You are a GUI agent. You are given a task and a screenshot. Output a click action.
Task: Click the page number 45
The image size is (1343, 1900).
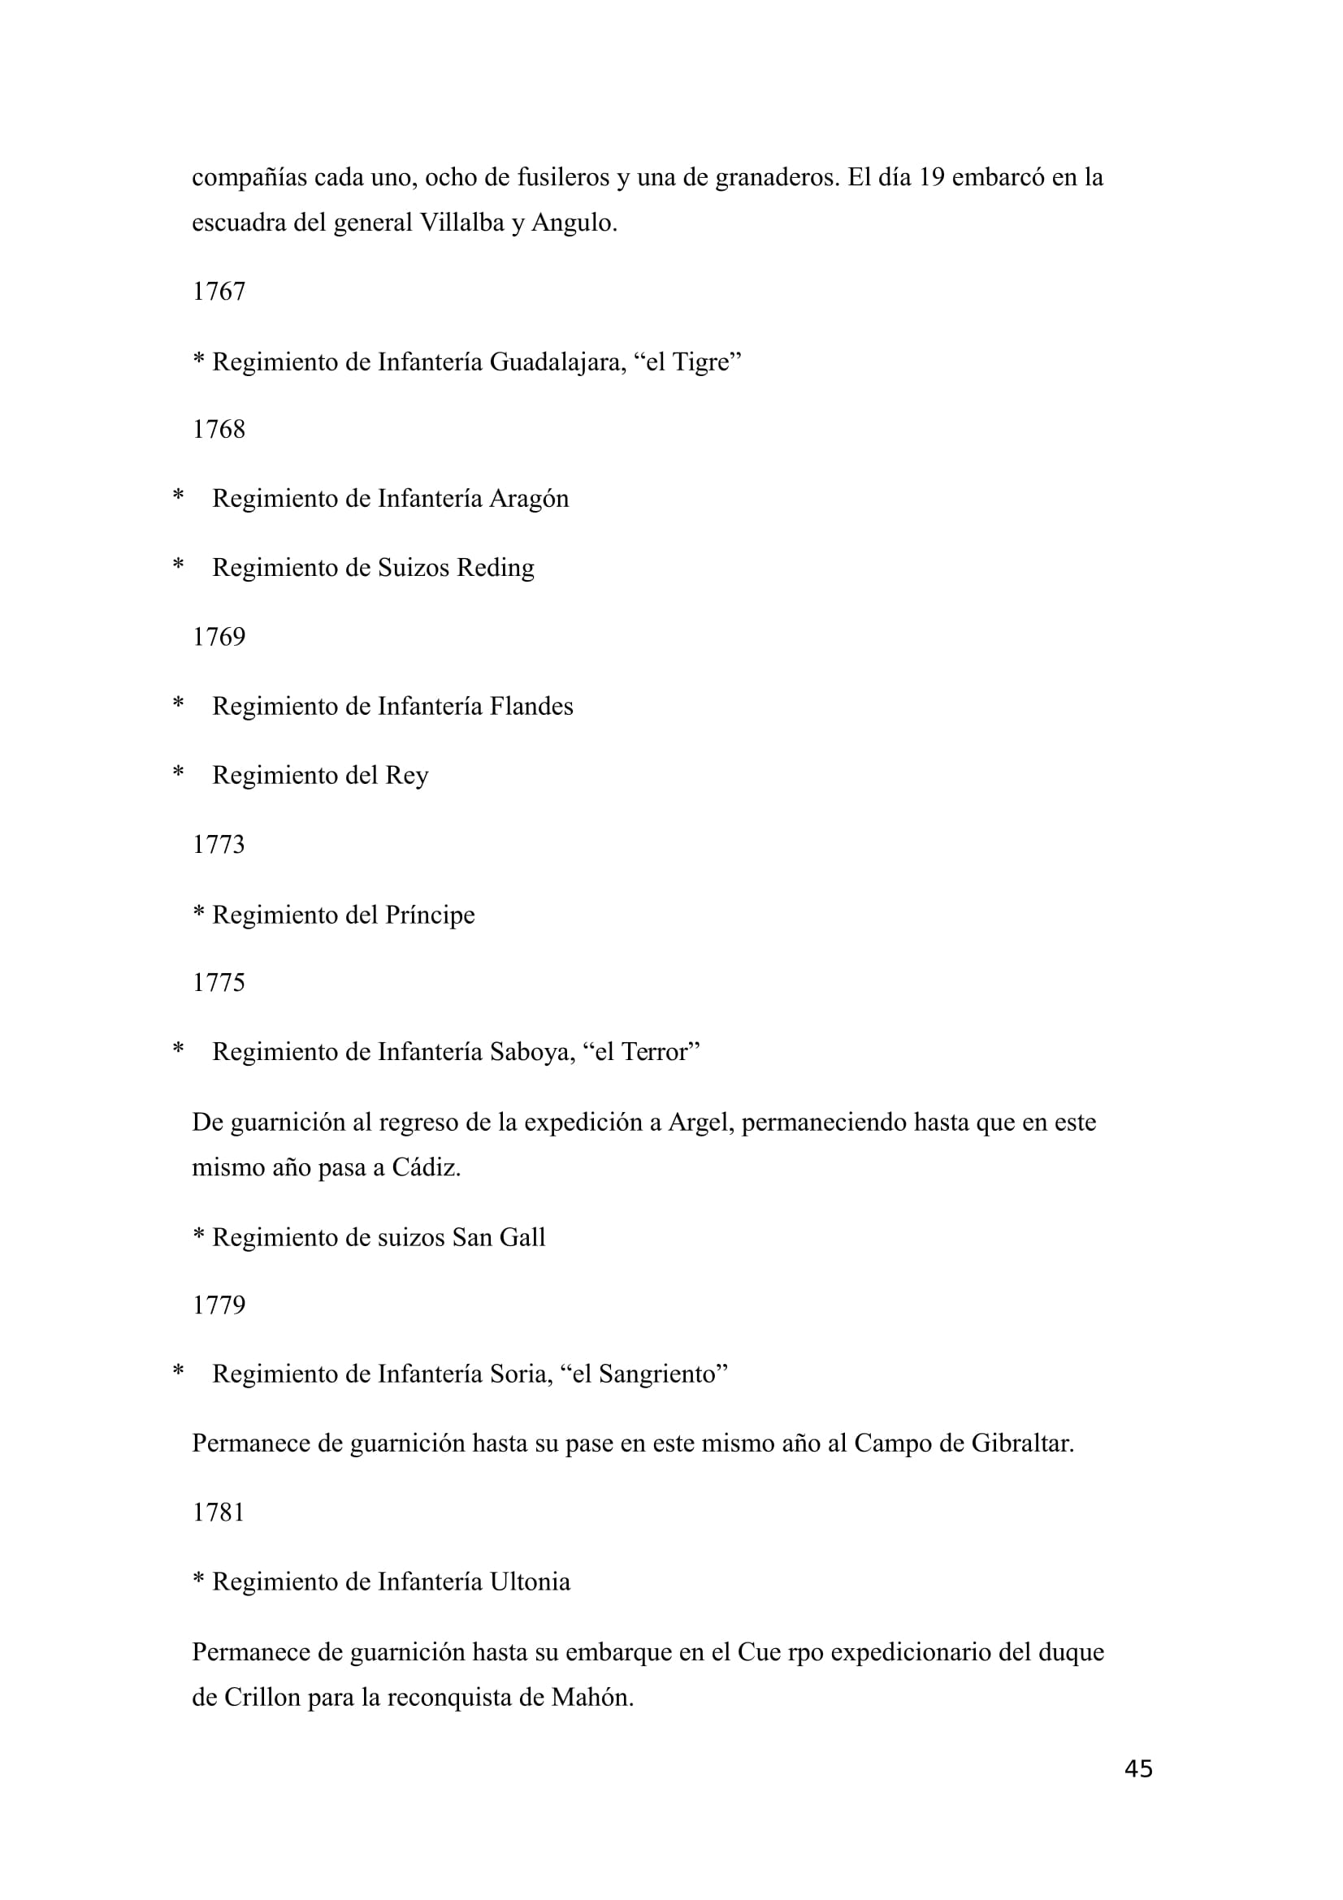(1137, 1768)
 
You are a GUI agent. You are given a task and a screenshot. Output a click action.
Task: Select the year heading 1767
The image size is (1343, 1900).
(219, 292)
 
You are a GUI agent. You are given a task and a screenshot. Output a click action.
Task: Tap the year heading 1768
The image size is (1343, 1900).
(219, 430)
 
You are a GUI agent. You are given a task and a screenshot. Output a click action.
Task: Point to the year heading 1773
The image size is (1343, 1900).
(219, 845)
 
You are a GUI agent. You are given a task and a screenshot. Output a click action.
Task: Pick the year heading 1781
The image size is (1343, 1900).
(219, 1513)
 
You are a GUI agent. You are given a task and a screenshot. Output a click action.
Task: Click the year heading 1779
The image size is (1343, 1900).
(219, 1305)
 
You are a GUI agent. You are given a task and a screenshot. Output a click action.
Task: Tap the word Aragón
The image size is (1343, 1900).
(529, 499)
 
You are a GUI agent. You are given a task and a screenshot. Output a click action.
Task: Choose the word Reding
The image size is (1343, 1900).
(496, 568)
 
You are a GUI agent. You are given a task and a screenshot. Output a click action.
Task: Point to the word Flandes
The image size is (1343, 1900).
(531, 707)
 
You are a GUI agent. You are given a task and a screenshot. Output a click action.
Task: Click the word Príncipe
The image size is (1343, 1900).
(430, 915)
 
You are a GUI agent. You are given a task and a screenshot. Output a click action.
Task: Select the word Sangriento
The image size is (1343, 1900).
(658, 1374)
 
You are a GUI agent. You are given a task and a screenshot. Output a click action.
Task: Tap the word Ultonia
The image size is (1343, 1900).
(530, 1582)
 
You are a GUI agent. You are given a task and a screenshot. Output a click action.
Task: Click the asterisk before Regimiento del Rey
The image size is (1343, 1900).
(178, 774)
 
